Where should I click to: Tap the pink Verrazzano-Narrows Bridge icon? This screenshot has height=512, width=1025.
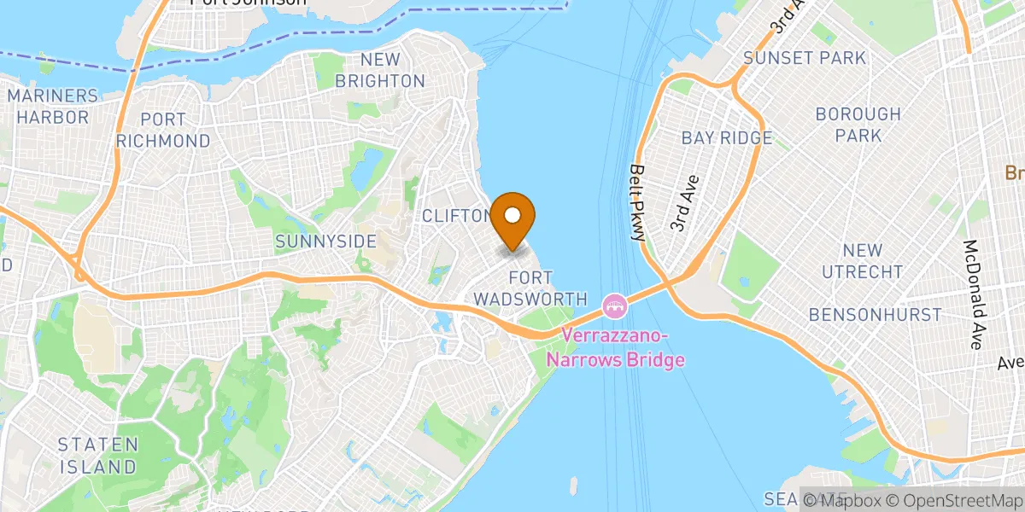coord(614,303)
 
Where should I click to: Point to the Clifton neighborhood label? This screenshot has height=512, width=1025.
coord(456,216)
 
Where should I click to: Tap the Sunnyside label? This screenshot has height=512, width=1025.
coord(325,241)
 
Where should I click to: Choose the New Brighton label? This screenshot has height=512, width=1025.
coord(379,71)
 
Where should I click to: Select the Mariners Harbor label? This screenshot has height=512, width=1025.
coord(53,106)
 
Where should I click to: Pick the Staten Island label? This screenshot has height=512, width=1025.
coord(97,456)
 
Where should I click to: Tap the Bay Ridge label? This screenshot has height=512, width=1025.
coord(726,137)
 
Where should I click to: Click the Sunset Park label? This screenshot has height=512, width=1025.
coord(805,58)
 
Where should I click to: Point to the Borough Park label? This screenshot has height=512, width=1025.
coord(858,125)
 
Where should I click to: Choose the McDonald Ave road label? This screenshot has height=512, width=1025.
coord(973,294)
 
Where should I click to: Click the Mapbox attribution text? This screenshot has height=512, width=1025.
coord(840,501)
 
